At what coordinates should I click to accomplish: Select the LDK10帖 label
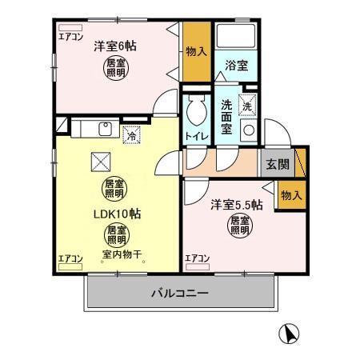tap(116, 214)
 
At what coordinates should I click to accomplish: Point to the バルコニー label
tap(179, 294)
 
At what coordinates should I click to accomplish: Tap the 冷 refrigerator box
tap(131, 137)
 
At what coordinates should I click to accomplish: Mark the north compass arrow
tap(290, 334)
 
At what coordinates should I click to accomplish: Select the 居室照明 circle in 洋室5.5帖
tap(240, 226)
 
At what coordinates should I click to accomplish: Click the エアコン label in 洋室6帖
tap(71, 36)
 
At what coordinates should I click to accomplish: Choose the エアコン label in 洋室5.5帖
tap(197, 258)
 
